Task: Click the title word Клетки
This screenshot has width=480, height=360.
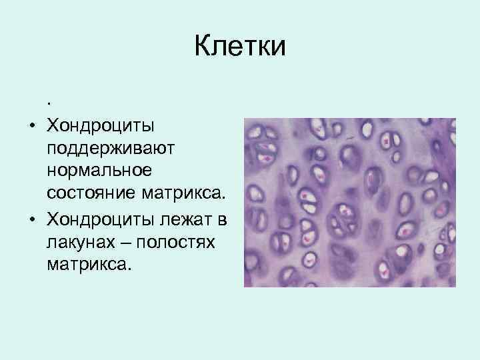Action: (x=240, y=47)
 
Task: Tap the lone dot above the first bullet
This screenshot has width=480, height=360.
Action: (x=49, y=104)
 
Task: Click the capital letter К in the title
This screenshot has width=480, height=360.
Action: (x=203, y=47)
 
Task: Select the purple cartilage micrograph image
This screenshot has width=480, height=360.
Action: (x=349, y=203)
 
